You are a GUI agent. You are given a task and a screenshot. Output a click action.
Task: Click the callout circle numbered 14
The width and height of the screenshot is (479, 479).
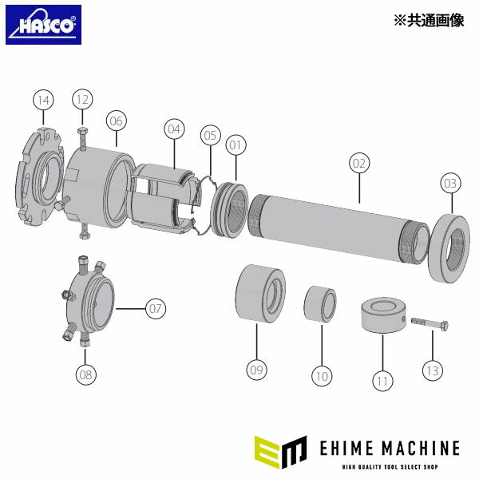tap(43, 100)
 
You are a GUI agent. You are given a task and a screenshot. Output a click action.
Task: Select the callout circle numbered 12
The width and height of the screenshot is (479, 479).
tap(82, 100)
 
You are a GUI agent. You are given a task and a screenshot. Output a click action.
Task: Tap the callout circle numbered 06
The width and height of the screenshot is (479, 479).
tap(117, 121)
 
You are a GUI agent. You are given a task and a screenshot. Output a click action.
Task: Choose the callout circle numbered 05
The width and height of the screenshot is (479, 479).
tap(210, 136)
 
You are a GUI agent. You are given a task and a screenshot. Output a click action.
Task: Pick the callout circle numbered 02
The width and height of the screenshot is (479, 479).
tap(358, 163)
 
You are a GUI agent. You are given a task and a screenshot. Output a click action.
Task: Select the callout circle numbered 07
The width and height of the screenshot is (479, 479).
tap(156, 307)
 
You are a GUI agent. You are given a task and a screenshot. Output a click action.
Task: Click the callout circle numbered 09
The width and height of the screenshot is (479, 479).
tap(256, 370)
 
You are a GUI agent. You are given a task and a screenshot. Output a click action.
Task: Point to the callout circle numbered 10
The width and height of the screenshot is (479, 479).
tap(322, 374)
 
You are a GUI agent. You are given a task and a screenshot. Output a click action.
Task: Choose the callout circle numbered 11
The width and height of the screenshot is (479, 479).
tap(382, 381)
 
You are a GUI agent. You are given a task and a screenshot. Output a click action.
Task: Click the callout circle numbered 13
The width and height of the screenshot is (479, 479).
tap(433, 370)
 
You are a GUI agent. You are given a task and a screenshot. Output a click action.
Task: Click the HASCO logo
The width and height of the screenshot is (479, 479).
tap(43, 25)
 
